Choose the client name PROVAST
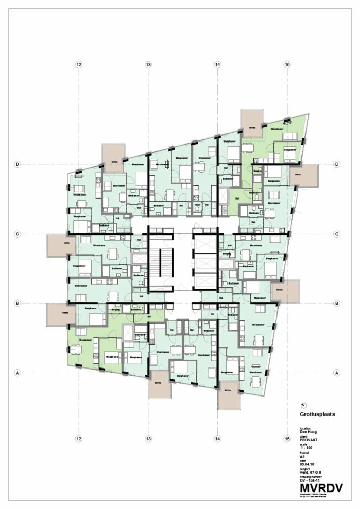pos(309,441)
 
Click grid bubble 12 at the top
pos(78,65)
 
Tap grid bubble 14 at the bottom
pos(217,438)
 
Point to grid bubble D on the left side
pos(17,164)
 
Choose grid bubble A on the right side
pos(336,373)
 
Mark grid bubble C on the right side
pos(336,234)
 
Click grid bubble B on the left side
pos(17,303)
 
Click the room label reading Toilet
pos(198,205)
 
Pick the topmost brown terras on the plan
pos(252,123)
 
